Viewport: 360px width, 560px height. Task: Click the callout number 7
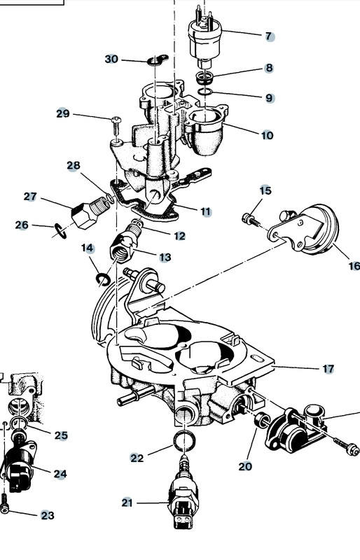(269, 36)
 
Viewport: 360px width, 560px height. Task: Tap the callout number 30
(111, 59)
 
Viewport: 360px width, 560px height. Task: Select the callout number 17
(328, 369)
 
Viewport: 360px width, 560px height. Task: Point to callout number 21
(127, 503)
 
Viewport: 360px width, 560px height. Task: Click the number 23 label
(48, 515)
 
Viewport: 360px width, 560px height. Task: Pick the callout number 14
(88, 248)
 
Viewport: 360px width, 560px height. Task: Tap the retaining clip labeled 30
(158, 60)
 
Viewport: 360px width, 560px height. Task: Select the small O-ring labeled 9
(205, 92)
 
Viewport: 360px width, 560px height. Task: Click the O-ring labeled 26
(60, 231)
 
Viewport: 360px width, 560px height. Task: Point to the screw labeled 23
(4, 503)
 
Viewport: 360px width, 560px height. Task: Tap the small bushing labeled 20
(262, 419)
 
